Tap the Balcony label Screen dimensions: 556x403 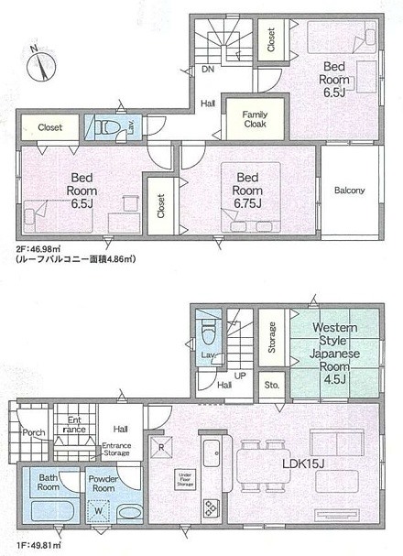(349, 191)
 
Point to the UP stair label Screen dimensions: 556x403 (240, 376)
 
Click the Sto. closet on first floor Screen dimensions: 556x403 (271, 387)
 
